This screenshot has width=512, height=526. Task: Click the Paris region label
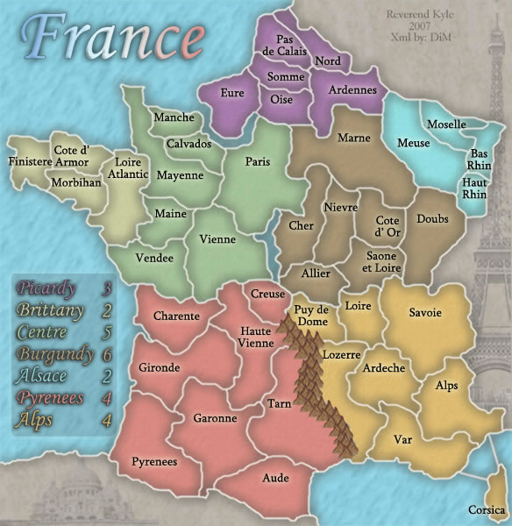coord(258,161)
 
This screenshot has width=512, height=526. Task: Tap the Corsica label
coord(487,509)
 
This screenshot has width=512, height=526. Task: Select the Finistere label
coord(30,161)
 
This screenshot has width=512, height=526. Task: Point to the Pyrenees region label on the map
coord(154,461)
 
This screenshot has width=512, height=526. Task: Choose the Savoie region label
coord(424,313)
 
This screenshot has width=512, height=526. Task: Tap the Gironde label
coord(159,367)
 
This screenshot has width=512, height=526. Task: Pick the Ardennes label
coord(352,89)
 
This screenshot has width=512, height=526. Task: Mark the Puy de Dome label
coord(311,315)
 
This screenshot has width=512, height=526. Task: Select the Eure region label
coord(232,92)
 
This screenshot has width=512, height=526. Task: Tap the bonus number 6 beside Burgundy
coord(107,355)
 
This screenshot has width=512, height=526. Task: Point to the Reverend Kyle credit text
coord(416,15)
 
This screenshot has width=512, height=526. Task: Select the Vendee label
coord(154,258)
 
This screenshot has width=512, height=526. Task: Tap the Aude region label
coord(275,478)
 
